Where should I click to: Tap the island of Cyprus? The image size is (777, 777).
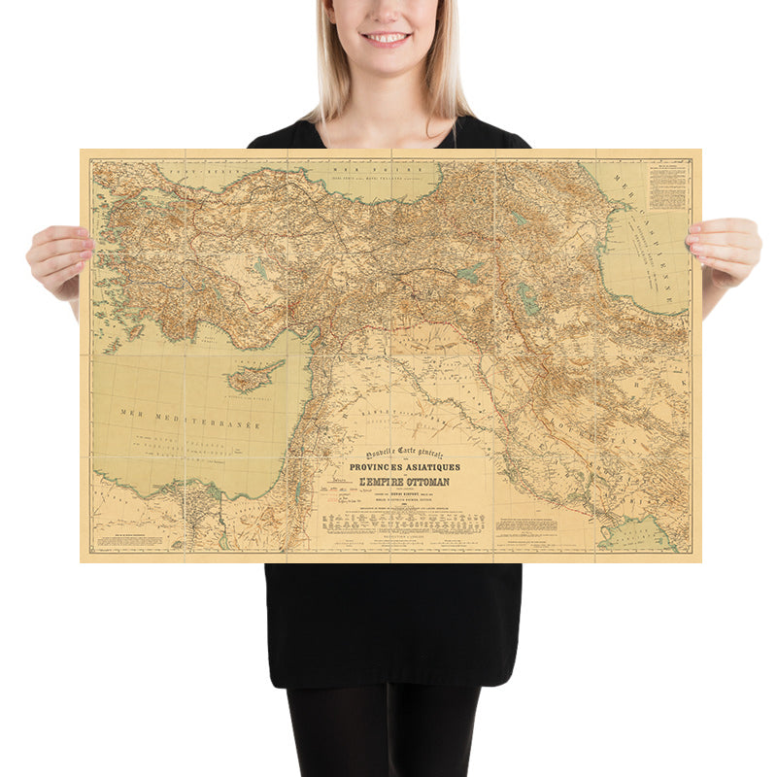(x=253, y=377)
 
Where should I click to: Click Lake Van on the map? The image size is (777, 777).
(x=469, y=275)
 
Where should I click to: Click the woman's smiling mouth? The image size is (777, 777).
(x=388, y=38)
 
